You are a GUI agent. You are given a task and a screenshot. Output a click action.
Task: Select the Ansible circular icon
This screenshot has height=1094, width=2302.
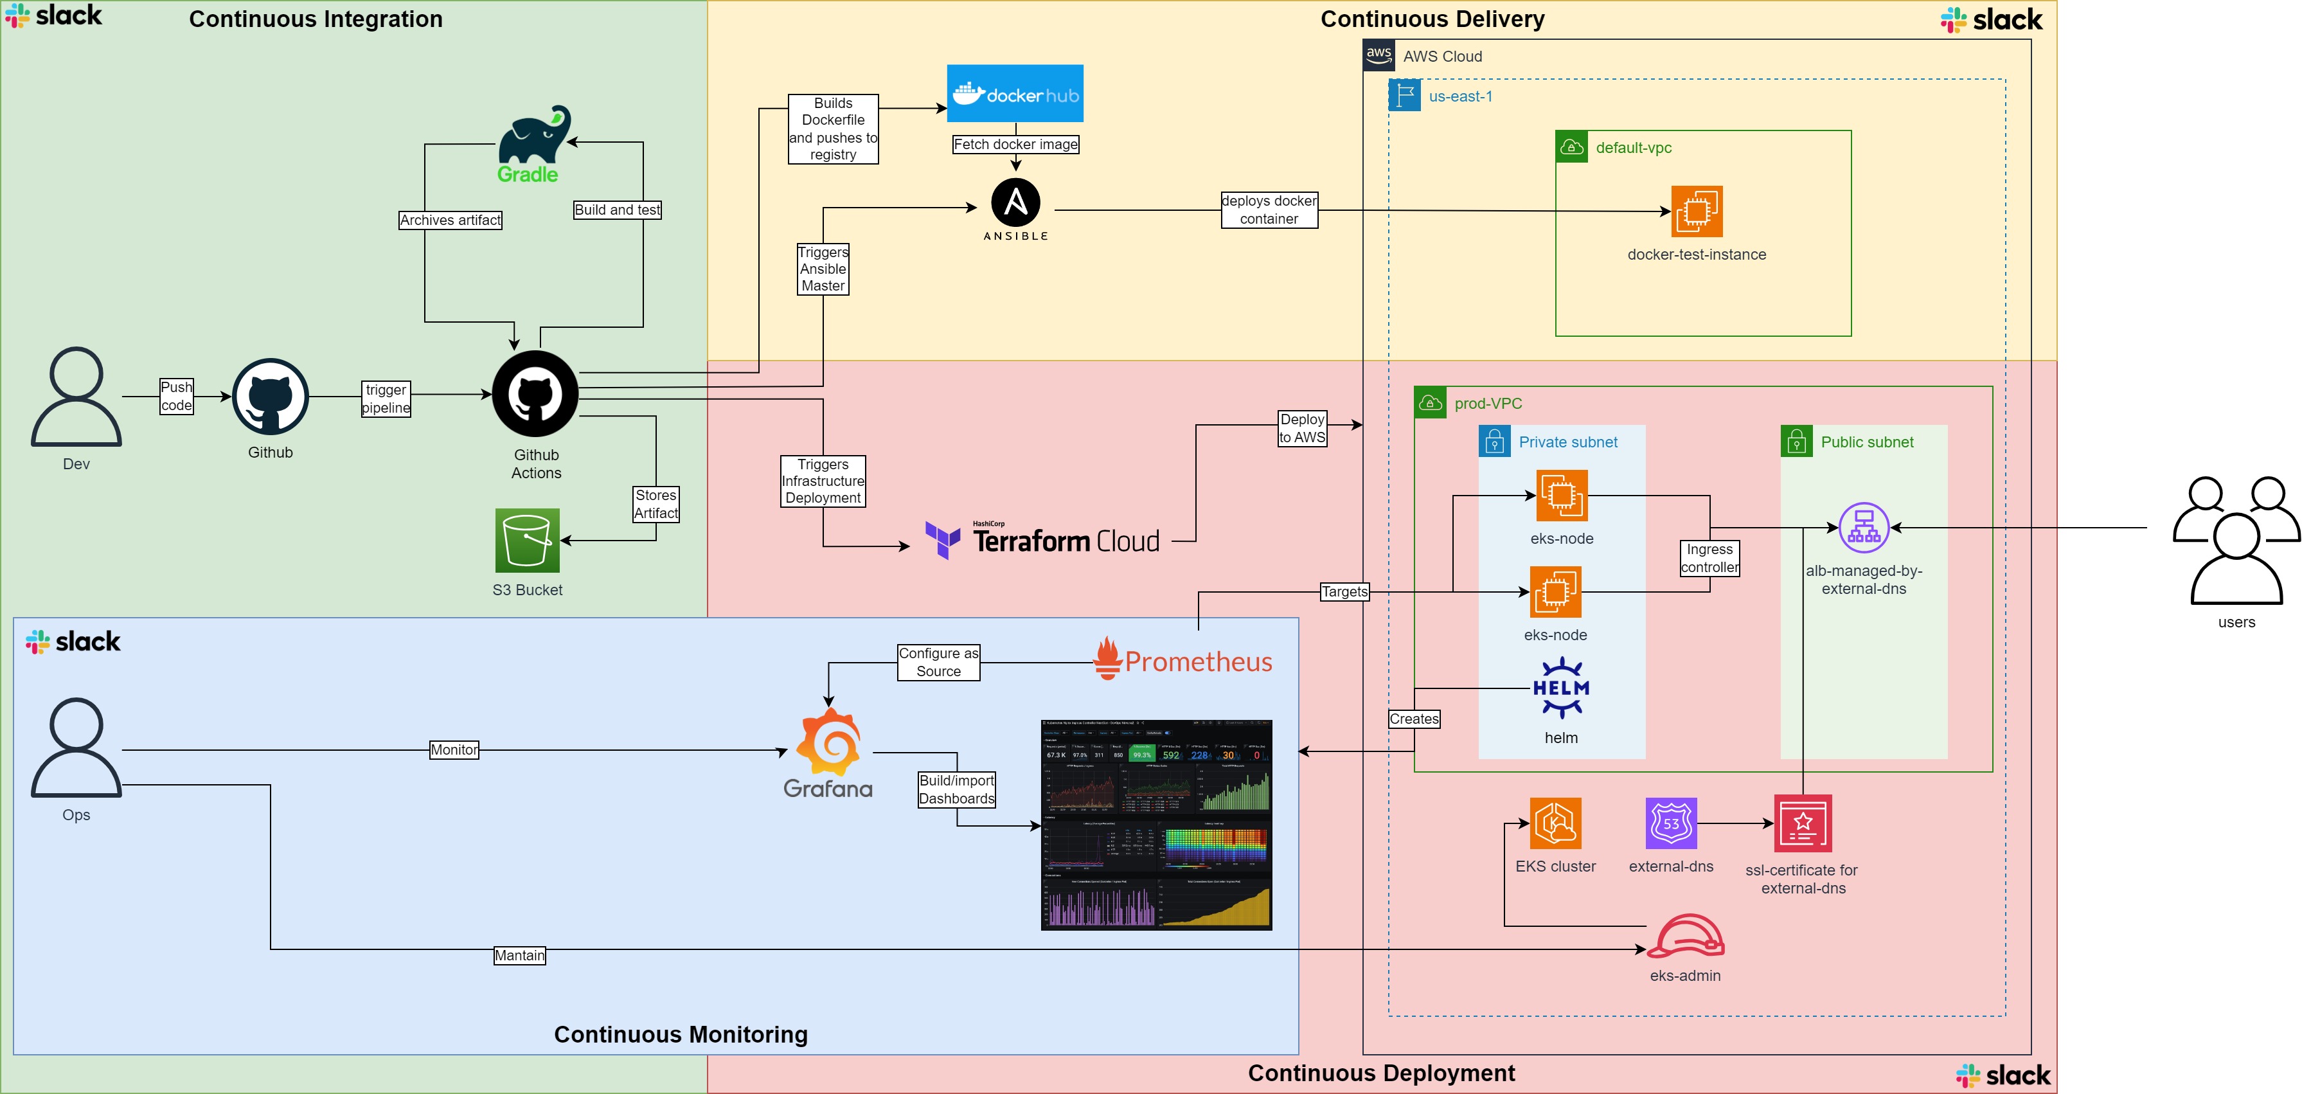[x=1015, y=203]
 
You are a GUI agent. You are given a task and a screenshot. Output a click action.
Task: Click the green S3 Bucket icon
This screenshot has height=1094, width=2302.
[x=527, y=541]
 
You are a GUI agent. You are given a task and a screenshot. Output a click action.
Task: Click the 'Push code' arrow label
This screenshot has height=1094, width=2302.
[x=176, y=396]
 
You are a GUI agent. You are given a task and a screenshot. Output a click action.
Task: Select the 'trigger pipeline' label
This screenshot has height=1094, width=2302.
[x=386, y=399]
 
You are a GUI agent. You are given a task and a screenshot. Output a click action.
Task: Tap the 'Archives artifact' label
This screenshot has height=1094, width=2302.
[x=451, y=220]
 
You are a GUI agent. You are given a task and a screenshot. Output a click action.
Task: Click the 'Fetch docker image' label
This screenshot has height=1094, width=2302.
[x=1015, y=144]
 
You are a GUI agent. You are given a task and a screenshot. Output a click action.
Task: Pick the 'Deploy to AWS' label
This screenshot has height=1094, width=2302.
[x=1302, y=428]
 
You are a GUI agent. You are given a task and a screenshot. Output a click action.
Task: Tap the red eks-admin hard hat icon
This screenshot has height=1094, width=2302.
[x=1686, y=936]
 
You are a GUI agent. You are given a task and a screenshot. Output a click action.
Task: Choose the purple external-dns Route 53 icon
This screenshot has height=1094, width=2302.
[x=1670, y=823]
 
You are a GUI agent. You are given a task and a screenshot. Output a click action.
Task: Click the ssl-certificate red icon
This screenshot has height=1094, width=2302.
[x=1803, y=823]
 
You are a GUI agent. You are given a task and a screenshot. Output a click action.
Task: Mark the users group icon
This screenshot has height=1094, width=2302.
[x=2236, y=540]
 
